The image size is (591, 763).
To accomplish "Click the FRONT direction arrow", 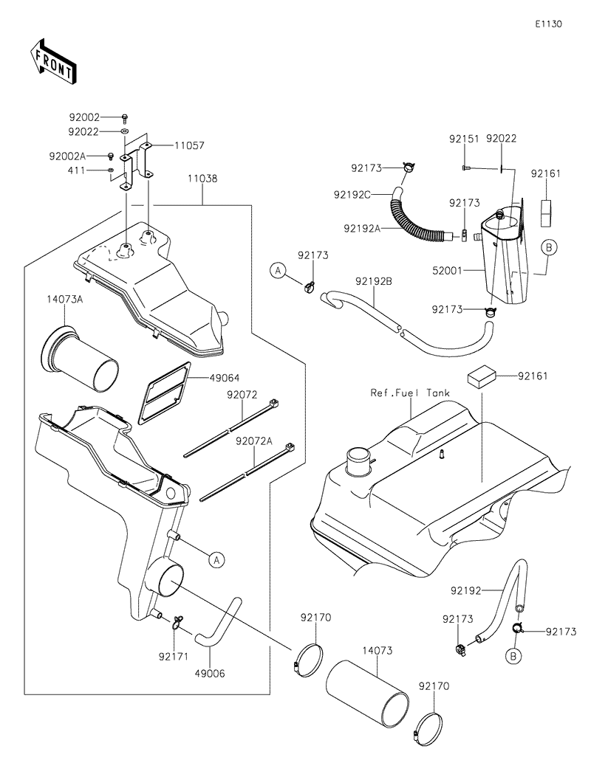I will (52, 63).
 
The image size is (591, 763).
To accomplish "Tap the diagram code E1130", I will (549, 24).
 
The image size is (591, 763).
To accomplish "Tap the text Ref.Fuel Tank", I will (410, 393).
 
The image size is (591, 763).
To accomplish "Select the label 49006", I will (210, 673).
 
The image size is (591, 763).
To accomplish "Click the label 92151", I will (464, 139).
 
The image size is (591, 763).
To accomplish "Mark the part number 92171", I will (174, 655).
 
